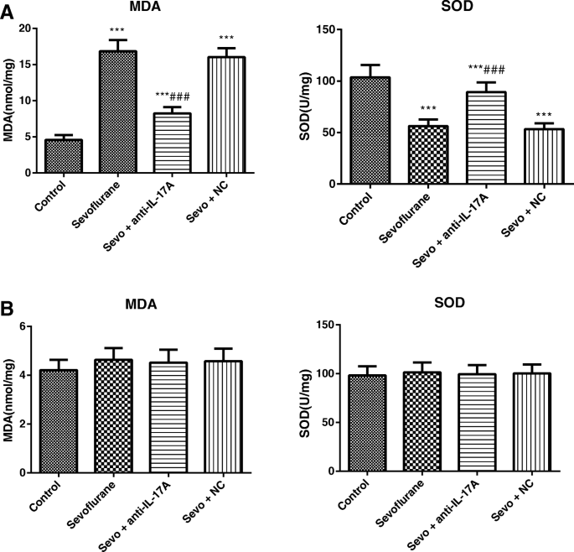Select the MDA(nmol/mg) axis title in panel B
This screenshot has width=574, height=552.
(9, 398)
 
